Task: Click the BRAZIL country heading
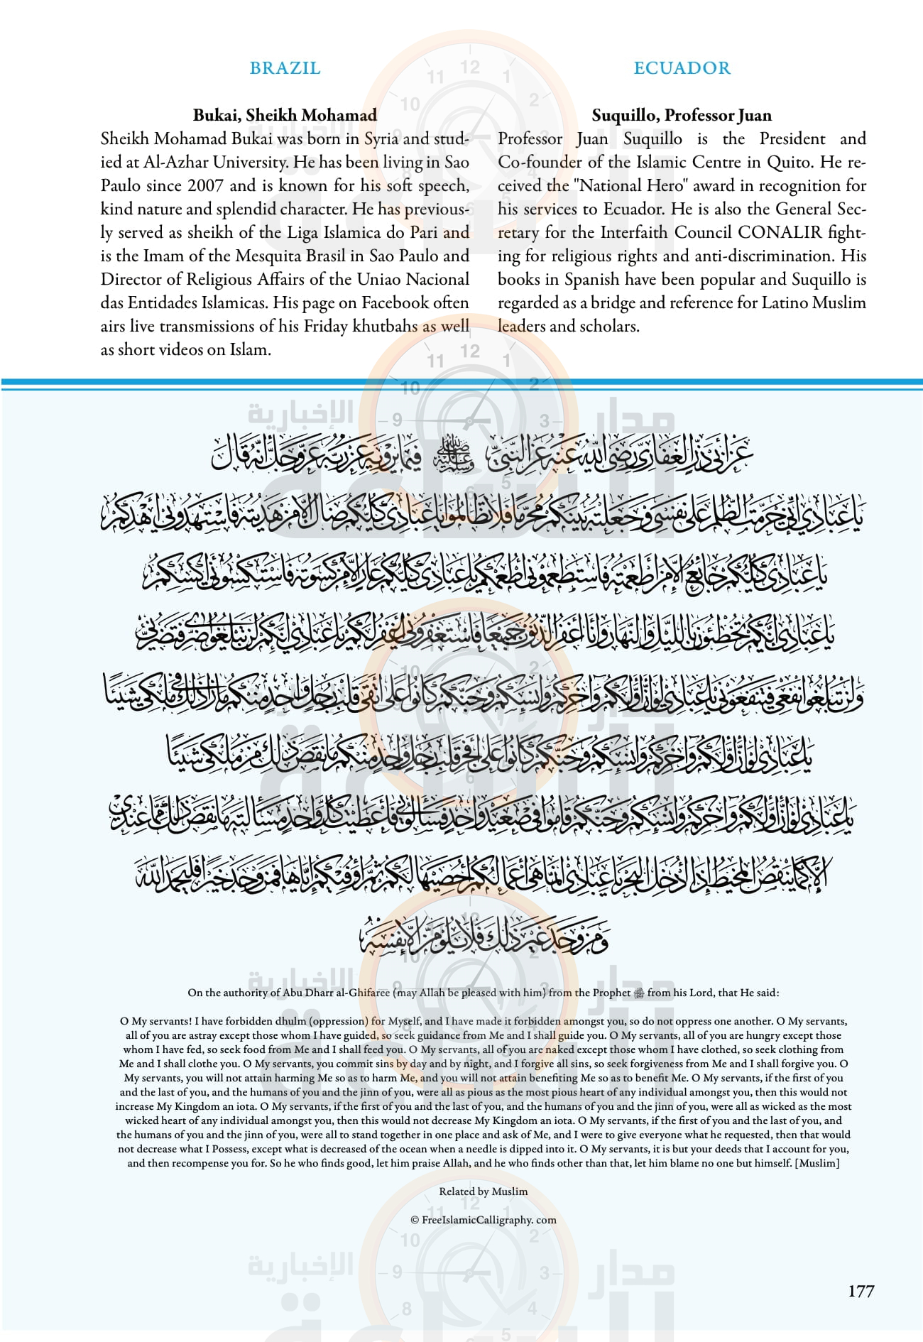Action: tap(285, 68)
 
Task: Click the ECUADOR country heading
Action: tap(682, 68)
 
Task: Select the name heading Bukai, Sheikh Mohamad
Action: tap(285, 115)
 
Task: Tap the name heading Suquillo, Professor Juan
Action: tap(682, 115)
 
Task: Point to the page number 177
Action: tap(861, 1291)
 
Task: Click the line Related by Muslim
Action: tap(483, 1191)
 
